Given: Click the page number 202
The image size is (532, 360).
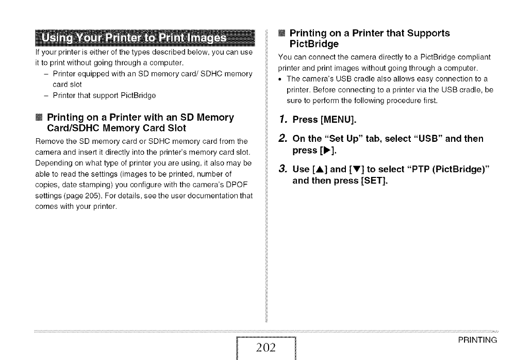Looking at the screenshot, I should (x=266, y=348).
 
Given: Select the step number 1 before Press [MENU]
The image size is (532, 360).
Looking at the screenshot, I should (x=281, y=120).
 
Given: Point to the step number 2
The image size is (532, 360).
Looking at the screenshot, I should (x=282, y=138).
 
